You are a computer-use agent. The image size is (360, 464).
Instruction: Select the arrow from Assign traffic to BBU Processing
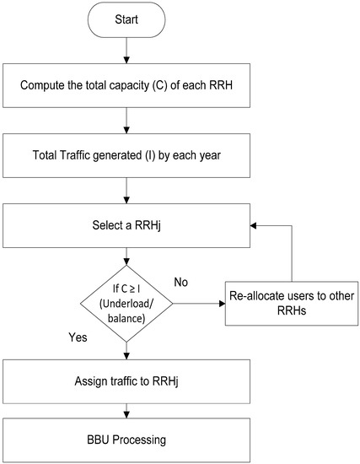click(x=126, y=408)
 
